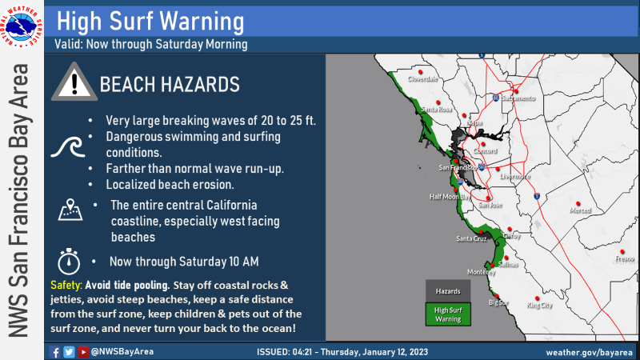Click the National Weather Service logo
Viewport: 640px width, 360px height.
22,26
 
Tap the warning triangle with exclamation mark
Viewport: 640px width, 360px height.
74,82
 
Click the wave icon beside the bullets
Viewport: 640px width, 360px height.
68,147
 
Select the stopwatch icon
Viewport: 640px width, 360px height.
69,262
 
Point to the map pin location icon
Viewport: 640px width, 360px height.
70,210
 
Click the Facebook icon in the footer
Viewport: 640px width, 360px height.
54,352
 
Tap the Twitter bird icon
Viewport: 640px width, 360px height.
69,352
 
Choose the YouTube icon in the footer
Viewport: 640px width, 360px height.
83,352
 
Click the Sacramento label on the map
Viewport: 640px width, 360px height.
518,98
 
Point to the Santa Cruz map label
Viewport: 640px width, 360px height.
471,238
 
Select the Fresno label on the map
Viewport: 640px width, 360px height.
625,258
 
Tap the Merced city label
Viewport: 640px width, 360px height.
580,210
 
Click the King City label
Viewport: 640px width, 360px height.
539,306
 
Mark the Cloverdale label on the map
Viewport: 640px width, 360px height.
422,78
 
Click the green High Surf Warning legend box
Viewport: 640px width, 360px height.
448,314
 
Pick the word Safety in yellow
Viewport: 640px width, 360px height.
66,285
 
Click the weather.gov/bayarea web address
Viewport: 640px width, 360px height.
589,352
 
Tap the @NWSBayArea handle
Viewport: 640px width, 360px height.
122,351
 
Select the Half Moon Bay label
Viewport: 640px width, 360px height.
450,197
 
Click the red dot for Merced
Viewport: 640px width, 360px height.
578,204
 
